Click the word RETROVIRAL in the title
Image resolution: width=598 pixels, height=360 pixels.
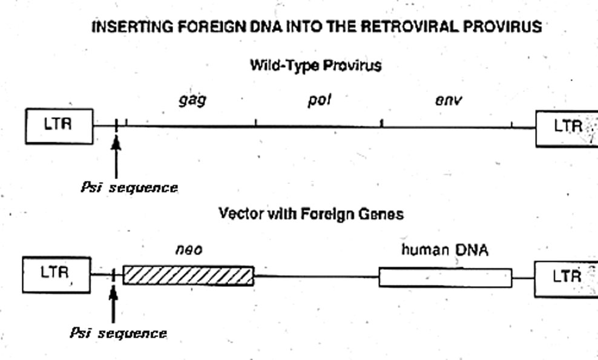click(x=409, y=27)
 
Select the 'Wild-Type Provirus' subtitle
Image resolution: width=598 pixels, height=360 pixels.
click(x=316, y=65)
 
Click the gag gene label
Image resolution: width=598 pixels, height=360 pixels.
click(x=192, y=100)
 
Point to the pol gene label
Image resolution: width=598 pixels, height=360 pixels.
click(x=320, y=100)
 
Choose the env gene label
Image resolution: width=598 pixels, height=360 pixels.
click(x=448, y=100)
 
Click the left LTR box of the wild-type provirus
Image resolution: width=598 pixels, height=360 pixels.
click(x=59, y=126)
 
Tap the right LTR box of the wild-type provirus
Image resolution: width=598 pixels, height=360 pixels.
click(x=567, y=128)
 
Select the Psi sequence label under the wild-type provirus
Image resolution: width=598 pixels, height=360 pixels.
click(x=130, y=188)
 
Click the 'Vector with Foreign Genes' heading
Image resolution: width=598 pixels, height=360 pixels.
click(x=311, y=214)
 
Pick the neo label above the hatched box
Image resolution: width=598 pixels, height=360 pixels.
click(x=189, y=250)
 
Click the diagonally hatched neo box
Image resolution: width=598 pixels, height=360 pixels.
click(x=188, y=276)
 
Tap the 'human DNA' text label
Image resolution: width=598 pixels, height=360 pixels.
click(x=445, y=250)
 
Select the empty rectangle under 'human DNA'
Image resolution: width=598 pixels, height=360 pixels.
click(x=445, y=278)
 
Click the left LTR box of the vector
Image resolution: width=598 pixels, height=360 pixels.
click(x=56, y=275)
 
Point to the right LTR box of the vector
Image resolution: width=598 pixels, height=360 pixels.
click(x=566, y=279)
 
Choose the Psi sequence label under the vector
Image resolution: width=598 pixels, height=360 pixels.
click(x=118, y=333)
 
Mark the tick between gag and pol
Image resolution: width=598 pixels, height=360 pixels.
click(x=256, y=122)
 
